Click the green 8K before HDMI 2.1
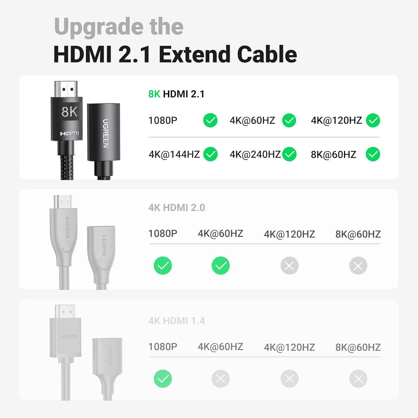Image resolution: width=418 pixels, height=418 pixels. pyautogui.click(x=154, y=94)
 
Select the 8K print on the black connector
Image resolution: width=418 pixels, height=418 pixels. pyautogui.click(x=69, y=112)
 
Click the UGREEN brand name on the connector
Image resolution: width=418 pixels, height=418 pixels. pyautogui.click(x=106, y=133)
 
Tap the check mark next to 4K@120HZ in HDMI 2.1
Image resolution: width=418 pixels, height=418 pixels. pyautogui.click(x=373, y=121)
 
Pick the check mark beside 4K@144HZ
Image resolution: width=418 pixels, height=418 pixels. pyautogui.click(x=210, y=154)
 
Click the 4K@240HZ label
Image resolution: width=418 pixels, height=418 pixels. pyautogui.click(x=255, y=154)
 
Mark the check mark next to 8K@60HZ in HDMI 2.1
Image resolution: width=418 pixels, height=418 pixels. pyautogui.click(x=373, y=154)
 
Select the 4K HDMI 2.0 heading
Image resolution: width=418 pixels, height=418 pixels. pyautogui.click(x=177, y=208)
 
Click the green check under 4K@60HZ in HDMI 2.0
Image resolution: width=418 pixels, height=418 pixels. pyautogui.click(x=220, y=266)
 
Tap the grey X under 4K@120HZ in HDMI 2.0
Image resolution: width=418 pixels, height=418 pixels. pyautogui.click(x=289, y=266)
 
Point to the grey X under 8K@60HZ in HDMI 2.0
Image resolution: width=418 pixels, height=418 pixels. pyautogui.click(x=358, y=266)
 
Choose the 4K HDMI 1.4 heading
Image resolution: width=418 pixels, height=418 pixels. pyautogui.click(x=177, y=321)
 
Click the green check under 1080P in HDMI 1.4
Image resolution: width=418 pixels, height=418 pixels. pyautogui.click(x=163, y=379)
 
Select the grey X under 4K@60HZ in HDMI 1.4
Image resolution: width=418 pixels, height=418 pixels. pyautogui.click(x=220, y=379)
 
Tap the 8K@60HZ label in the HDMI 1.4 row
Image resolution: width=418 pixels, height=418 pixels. pyautogui.click(x=358, y=347)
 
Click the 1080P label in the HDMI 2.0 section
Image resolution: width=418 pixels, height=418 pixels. pyautogui.click(x=163, y=233)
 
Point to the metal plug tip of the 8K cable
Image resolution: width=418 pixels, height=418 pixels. pyautogui.click(x=66, y=89)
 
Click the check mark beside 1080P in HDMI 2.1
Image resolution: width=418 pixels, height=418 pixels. pyautogui.click(x=210, y=121)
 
